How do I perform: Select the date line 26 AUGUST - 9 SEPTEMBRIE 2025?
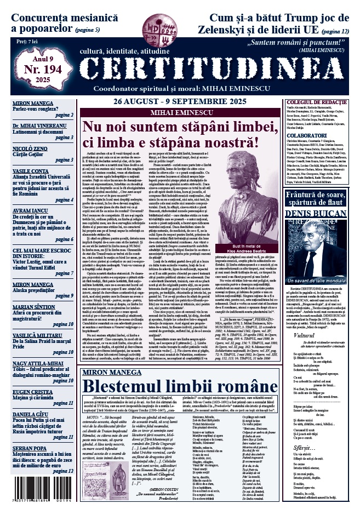point(188,102)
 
